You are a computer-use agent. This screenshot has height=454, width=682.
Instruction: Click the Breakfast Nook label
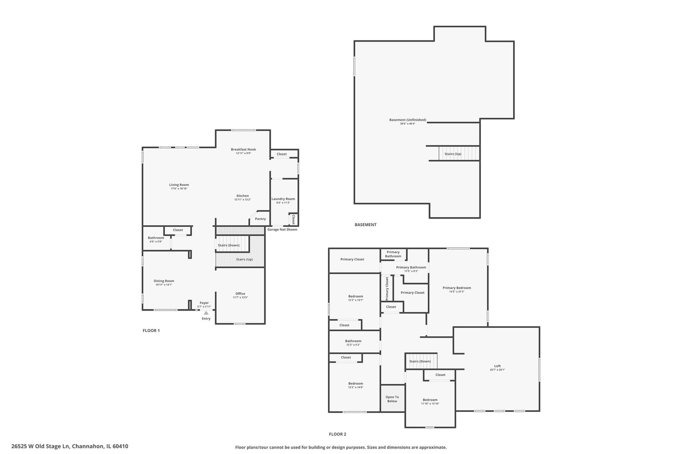243,149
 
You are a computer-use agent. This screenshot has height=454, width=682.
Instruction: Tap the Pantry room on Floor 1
260,219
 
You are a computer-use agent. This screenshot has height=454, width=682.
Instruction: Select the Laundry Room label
283,199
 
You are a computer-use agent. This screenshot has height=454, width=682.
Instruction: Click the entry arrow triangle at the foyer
206,313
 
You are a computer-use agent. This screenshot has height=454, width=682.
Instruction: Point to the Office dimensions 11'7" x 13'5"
240,298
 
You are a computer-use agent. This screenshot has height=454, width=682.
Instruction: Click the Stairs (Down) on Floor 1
229,245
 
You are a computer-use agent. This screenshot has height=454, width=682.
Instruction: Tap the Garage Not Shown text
282,230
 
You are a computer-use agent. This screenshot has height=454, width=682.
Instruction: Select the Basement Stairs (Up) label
453,154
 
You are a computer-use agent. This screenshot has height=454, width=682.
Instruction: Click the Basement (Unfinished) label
407,120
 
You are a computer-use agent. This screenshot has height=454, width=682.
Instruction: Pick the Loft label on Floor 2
497,366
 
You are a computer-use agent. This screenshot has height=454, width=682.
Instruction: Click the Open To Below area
392,399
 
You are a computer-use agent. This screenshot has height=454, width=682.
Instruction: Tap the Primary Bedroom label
456,288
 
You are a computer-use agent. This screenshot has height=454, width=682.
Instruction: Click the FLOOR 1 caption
151,330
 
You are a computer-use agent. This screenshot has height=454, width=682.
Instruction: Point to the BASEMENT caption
365,224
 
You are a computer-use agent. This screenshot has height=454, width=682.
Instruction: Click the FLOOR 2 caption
337,434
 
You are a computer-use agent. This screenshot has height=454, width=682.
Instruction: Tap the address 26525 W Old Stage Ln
69,446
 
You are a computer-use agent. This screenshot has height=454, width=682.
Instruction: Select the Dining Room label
164,281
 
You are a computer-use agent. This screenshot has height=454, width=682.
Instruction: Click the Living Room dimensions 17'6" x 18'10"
179,189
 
